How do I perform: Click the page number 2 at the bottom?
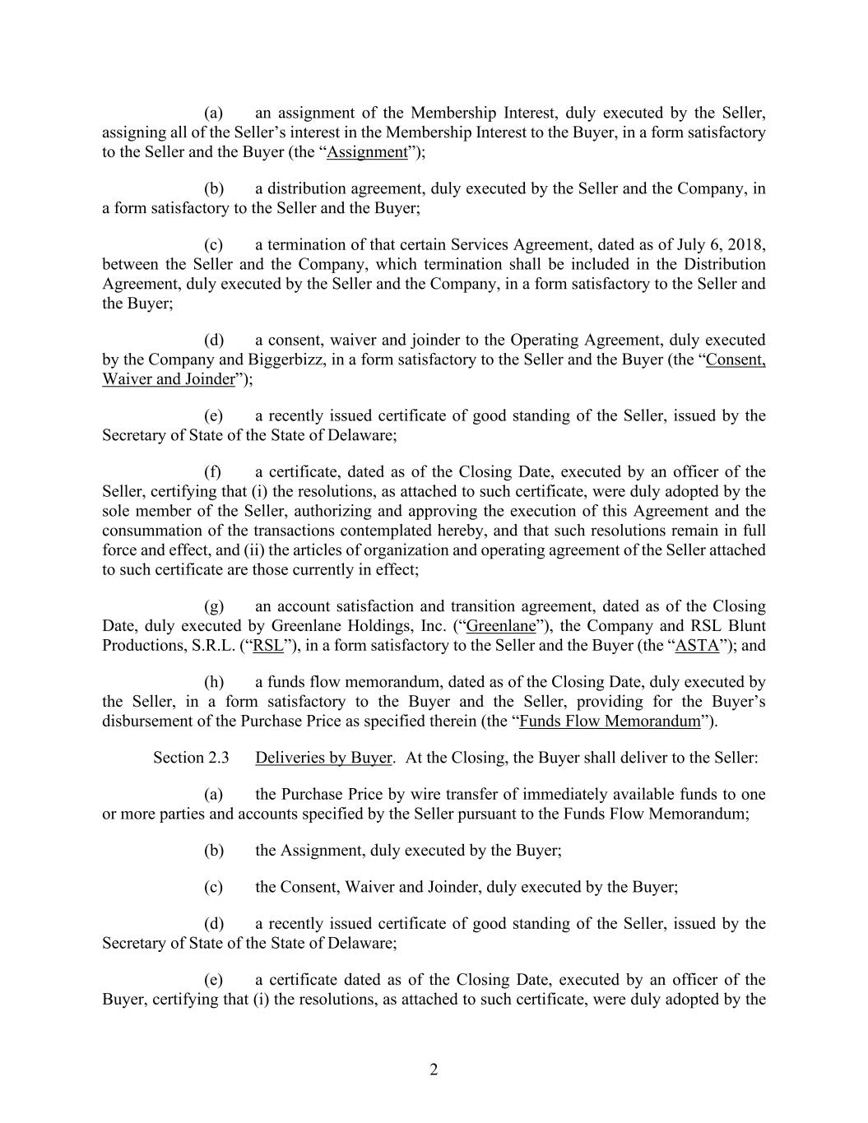[x=434, y=1070]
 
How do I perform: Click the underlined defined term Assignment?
[x=367, y=152]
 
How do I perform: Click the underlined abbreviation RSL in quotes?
[x=268, y=646]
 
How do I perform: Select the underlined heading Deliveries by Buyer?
[x=323, y=758]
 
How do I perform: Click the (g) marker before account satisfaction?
[x=214, y=607]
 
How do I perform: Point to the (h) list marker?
[x=214, y=683]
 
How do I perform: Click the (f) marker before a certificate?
[x=213, y=472]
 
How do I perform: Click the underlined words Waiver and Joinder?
[x=168, y=379]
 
